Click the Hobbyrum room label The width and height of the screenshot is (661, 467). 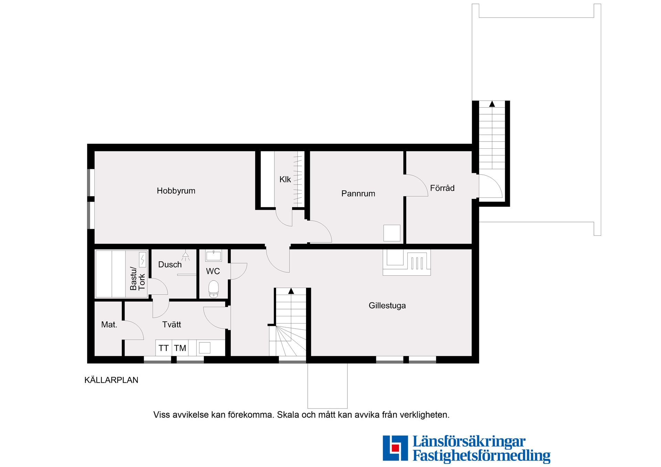[x=176, y=191]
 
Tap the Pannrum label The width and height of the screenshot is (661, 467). [x=358, y=194]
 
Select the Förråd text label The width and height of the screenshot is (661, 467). [x=442, y=188]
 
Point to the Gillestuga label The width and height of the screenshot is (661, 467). [x=387, y=306]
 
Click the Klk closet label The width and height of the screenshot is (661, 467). [x=285, y=180]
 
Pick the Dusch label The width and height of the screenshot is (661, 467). [x=170, y=265]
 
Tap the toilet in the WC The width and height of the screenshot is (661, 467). [x=213, y=288]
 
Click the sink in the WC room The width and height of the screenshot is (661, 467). [x=213, y=256]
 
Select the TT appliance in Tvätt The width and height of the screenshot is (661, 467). [x=164, y=348]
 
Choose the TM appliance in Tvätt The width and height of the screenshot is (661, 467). [x=180, y=348]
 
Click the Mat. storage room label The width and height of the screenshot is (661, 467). [x=109, y=325]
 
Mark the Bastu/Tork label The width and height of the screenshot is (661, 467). [x=137, y=278]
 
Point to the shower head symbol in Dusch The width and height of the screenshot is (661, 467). [x=186, y=255]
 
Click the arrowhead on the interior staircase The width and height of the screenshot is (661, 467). [x=291, y=291]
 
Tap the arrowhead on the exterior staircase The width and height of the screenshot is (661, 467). [x=492, y=104]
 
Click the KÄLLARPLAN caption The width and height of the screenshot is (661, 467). [x=111, y=380]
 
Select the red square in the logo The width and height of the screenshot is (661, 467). [x=395, y=448]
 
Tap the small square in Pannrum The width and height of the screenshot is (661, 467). [x=392, y=233]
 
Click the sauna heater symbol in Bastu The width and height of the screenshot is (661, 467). [x=143, y=259]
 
